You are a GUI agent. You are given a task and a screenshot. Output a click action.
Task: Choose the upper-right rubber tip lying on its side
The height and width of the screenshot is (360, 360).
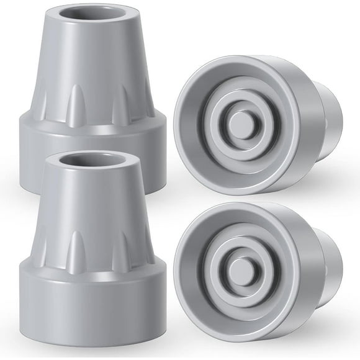254,124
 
